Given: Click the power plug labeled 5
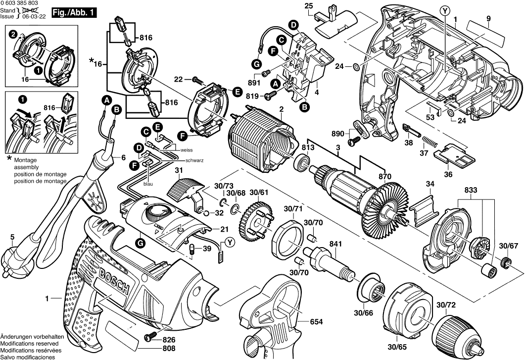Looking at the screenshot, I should click(15, 257).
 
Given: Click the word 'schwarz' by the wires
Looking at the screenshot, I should click(194, 161).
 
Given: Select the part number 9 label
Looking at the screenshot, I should click(487, 19).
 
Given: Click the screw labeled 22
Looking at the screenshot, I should click(196, 79).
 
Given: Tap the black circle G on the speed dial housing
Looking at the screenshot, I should click(141, 243).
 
